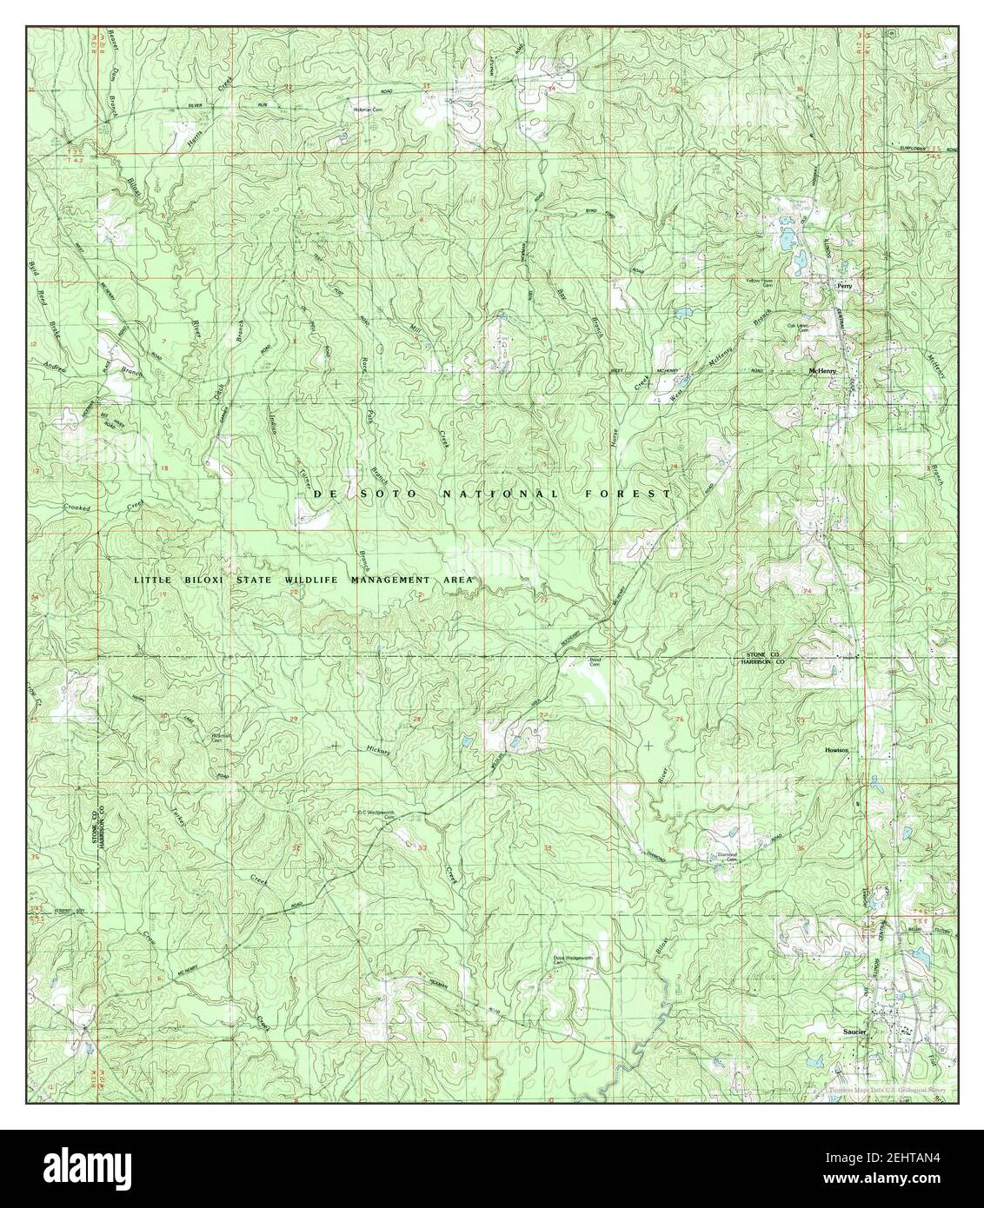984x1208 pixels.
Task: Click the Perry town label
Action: point(841,284)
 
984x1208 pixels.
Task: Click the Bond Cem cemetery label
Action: point(596,662)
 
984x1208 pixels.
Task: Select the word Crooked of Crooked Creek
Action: point(78,508)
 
